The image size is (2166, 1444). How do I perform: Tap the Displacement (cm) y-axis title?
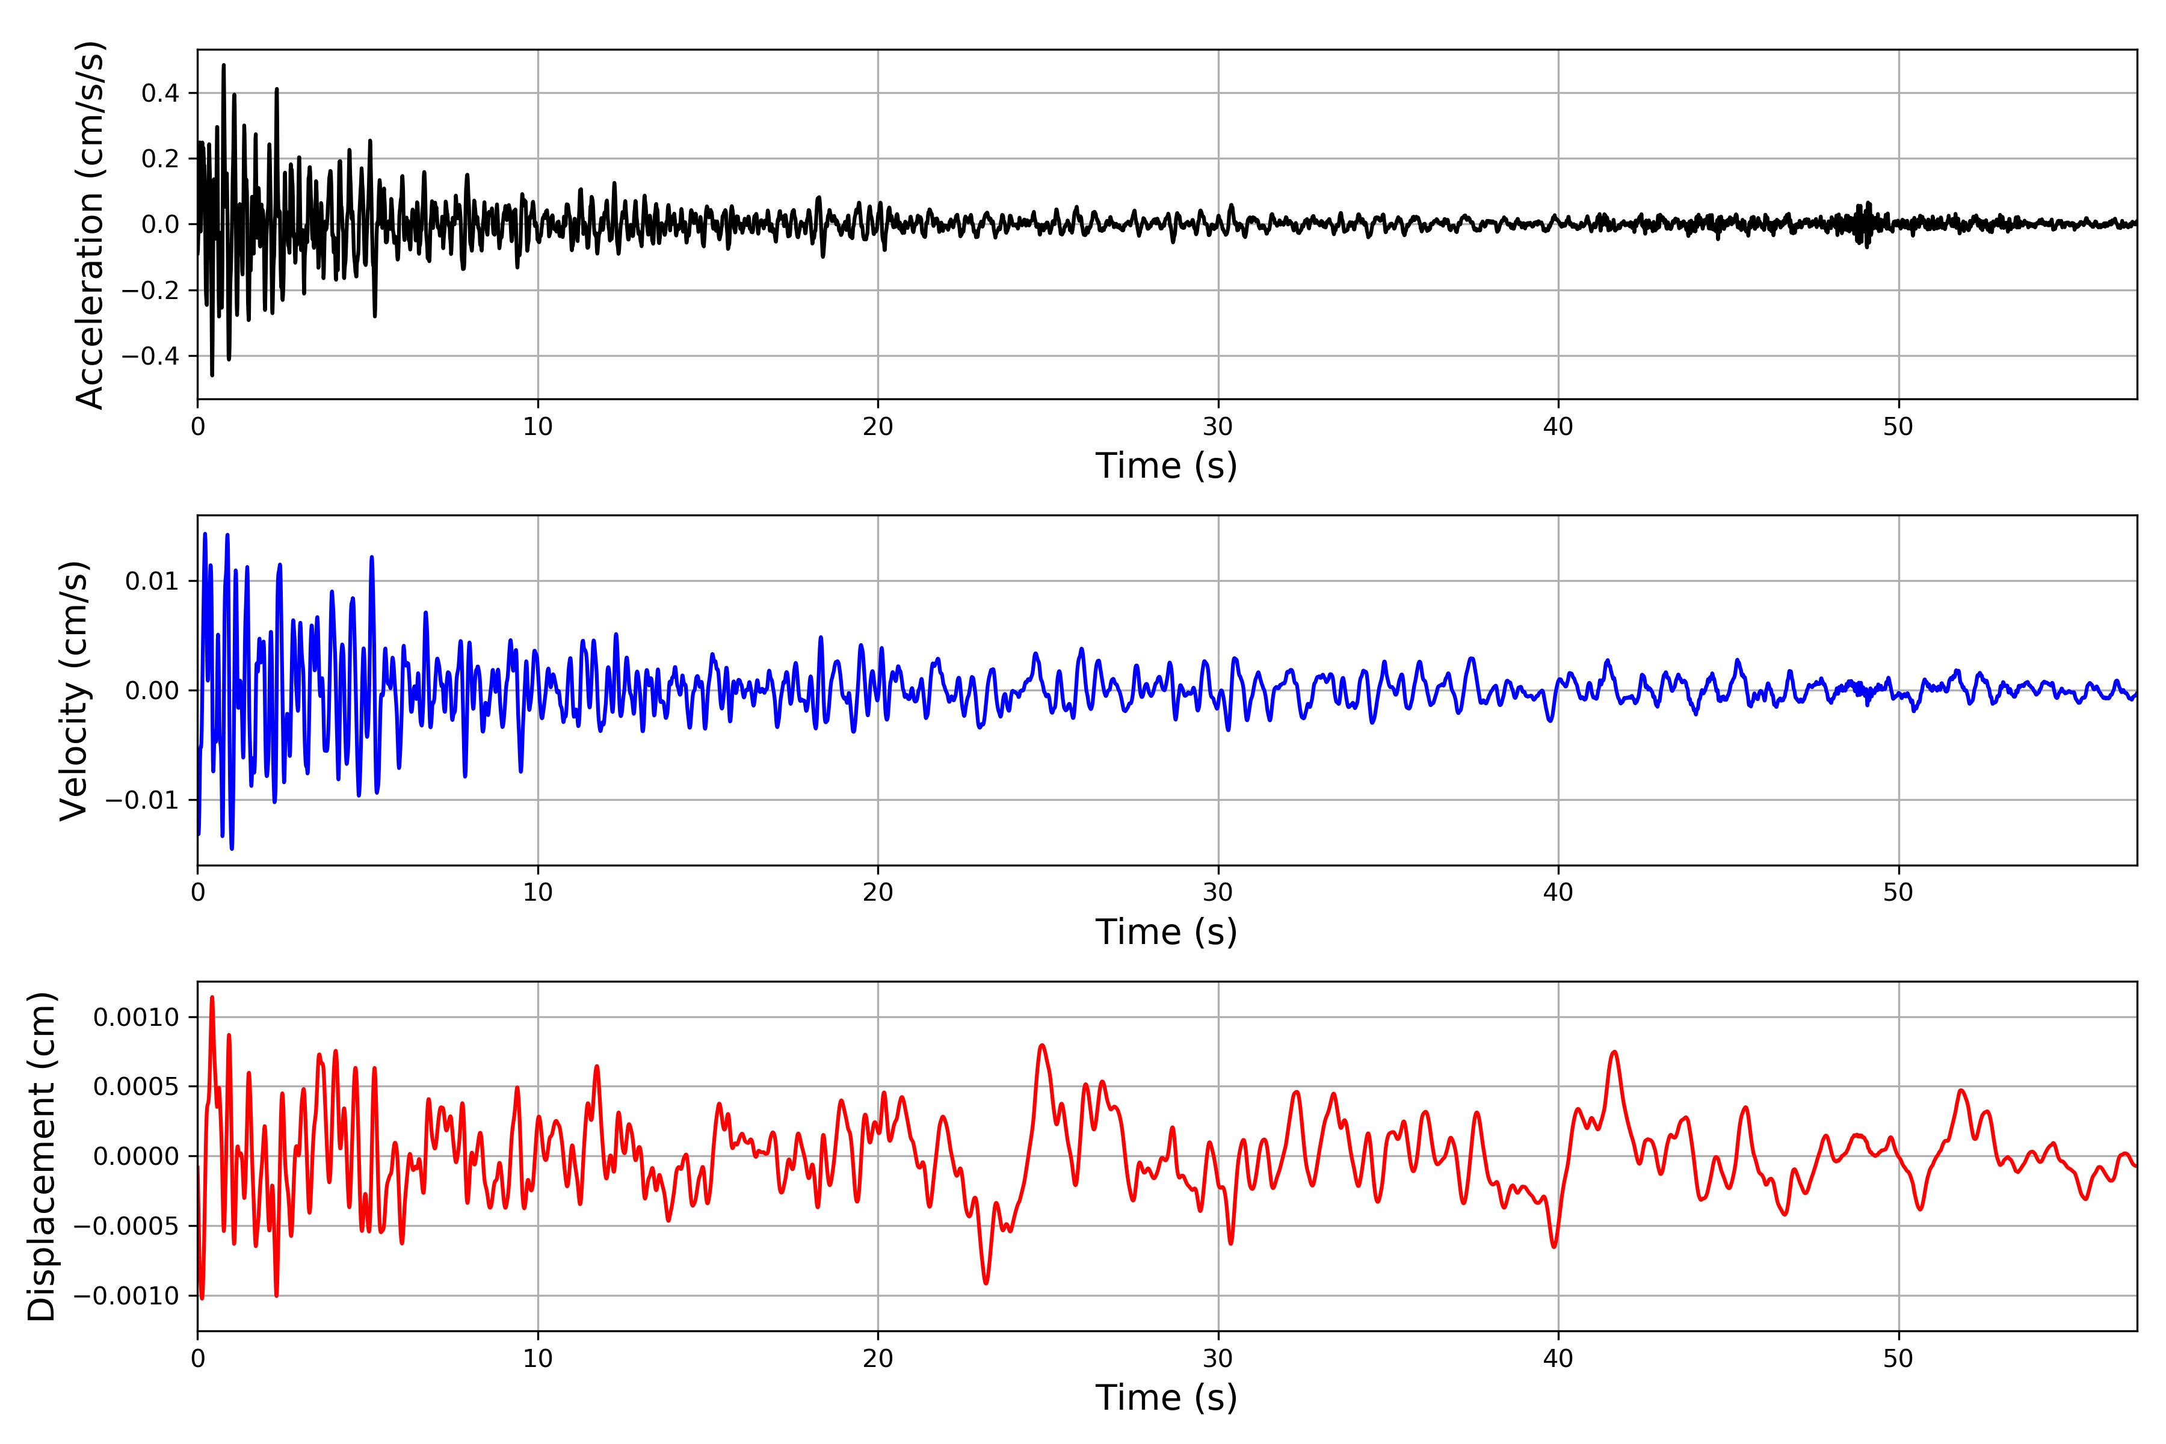point(42,1156)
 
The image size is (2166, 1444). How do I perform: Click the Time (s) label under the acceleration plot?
point(1166,466)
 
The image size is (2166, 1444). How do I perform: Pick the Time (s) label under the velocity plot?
point(1166,932)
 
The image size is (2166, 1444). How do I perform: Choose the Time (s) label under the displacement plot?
point(1166,1398)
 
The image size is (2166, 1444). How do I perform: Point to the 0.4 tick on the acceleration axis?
point(159,93)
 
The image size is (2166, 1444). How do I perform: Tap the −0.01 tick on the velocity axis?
point(142,800)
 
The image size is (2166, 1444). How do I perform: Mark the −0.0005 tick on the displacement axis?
point(126,1226)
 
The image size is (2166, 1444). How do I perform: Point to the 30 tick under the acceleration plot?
point(1217,427)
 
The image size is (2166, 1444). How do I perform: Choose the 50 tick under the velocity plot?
point(1898,892)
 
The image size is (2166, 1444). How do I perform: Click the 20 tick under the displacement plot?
point(878,1359)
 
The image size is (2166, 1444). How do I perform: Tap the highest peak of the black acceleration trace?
point(223,66)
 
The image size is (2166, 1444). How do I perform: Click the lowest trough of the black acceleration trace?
point(212,375)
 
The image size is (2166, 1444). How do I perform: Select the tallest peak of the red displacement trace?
point(212,998)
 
